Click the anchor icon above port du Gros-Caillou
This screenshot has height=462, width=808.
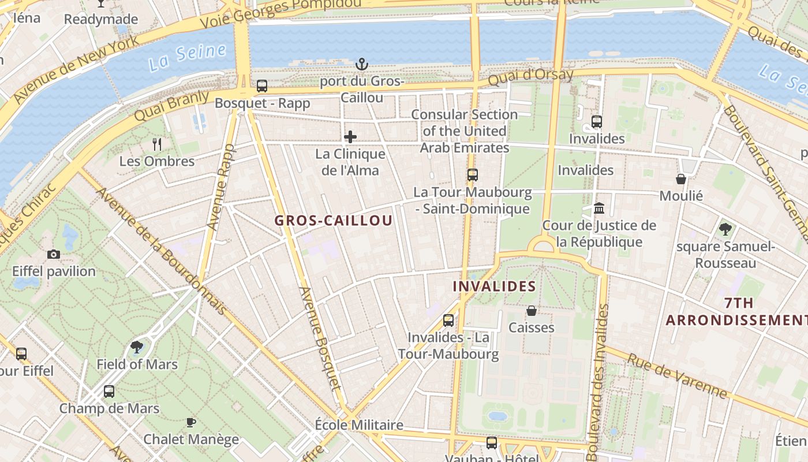[362, 64]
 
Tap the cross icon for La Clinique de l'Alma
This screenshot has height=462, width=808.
[350, 137]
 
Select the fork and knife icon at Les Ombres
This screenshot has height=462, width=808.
[157, 144]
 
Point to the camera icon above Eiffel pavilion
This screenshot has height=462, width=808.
[54, 254]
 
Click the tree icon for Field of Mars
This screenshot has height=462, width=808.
[137, 347]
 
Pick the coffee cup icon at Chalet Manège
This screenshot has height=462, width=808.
[191, 422]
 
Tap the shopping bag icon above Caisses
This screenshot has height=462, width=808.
[532, 311]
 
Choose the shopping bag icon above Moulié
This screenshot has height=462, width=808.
[681, 179]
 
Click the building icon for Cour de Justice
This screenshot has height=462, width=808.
[599, 208]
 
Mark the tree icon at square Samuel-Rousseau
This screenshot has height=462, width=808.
[725, 229]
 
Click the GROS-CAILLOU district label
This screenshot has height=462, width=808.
[334, 221]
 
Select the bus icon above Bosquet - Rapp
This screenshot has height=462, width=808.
[262, 86]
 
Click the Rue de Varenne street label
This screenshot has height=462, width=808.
[676, 377]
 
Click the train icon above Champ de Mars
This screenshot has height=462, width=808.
[109, 392]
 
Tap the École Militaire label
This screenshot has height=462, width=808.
[359, 425]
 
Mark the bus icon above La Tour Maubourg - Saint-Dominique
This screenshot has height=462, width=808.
[473, 174]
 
